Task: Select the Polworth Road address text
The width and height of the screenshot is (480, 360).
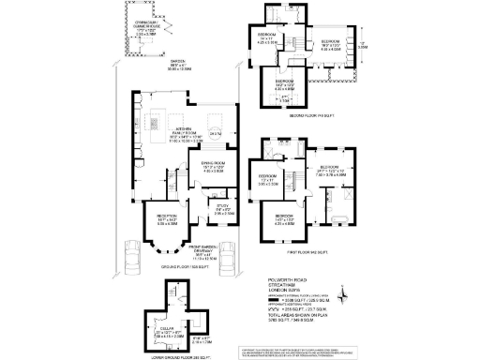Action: point(284,279)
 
